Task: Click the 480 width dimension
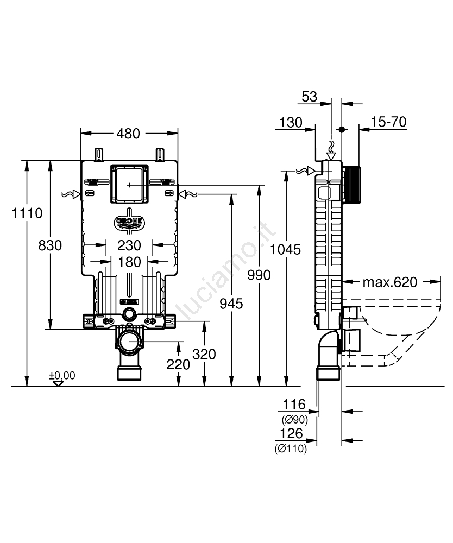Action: tap(128, 134)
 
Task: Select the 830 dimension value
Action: tap(50, 245)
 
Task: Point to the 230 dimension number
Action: tap(129, 245)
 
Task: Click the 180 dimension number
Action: tap(129, 262)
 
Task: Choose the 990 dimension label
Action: tap(259, 275)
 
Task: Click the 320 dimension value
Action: tap(204, 354)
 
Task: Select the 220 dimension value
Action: tap(178, 364)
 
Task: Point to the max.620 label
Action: tap(390, 282)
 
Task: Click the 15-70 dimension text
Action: tap(389, 122)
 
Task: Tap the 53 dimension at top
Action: tap(309, 97)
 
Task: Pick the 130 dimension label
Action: tap(291, 123)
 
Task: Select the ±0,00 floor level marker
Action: tap(62, 376)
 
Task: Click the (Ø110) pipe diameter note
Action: tap(291, 449)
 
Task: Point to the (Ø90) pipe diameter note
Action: tap(294, 419)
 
